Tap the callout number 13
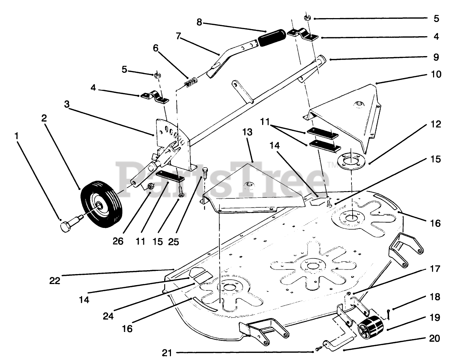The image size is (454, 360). (x=247, y=132)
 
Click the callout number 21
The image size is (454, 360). (x=167, y=353)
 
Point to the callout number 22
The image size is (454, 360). (x=55, y=280)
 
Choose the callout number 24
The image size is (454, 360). (x=108, y=316)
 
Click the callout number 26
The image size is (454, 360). (x=118, y=241)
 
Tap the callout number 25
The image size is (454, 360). (x=173, y=241)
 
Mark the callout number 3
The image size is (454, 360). (x=67, y=104)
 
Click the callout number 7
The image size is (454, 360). (x=178, y=36)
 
